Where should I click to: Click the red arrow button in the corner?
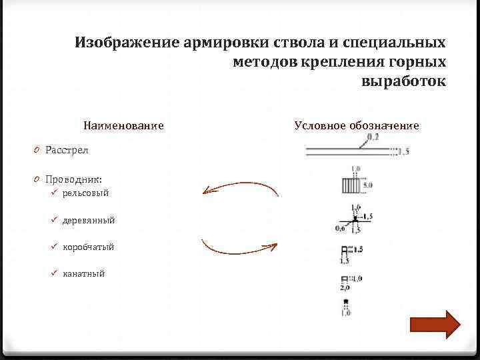pos(435,325)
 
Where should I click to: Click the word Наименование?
pos(123,125)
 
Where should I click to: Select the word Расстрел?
pos(67,150)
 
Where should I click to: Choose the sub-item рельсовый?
pos(85,193)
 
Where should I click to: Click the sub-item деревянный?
pos(89,220)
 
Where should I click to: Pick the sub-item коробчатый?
pos(88,247)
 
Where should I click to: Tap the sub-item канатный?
pos(83,273)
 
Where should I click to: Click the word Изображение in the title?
pos(126,43)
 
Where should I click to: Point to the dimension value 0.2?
pos(372,137)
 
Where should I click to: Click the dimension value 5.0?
pos(367,184)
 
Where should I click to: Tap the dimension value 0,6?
pos(340,228)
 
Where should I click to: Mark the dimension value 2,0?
pos(345,288)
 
